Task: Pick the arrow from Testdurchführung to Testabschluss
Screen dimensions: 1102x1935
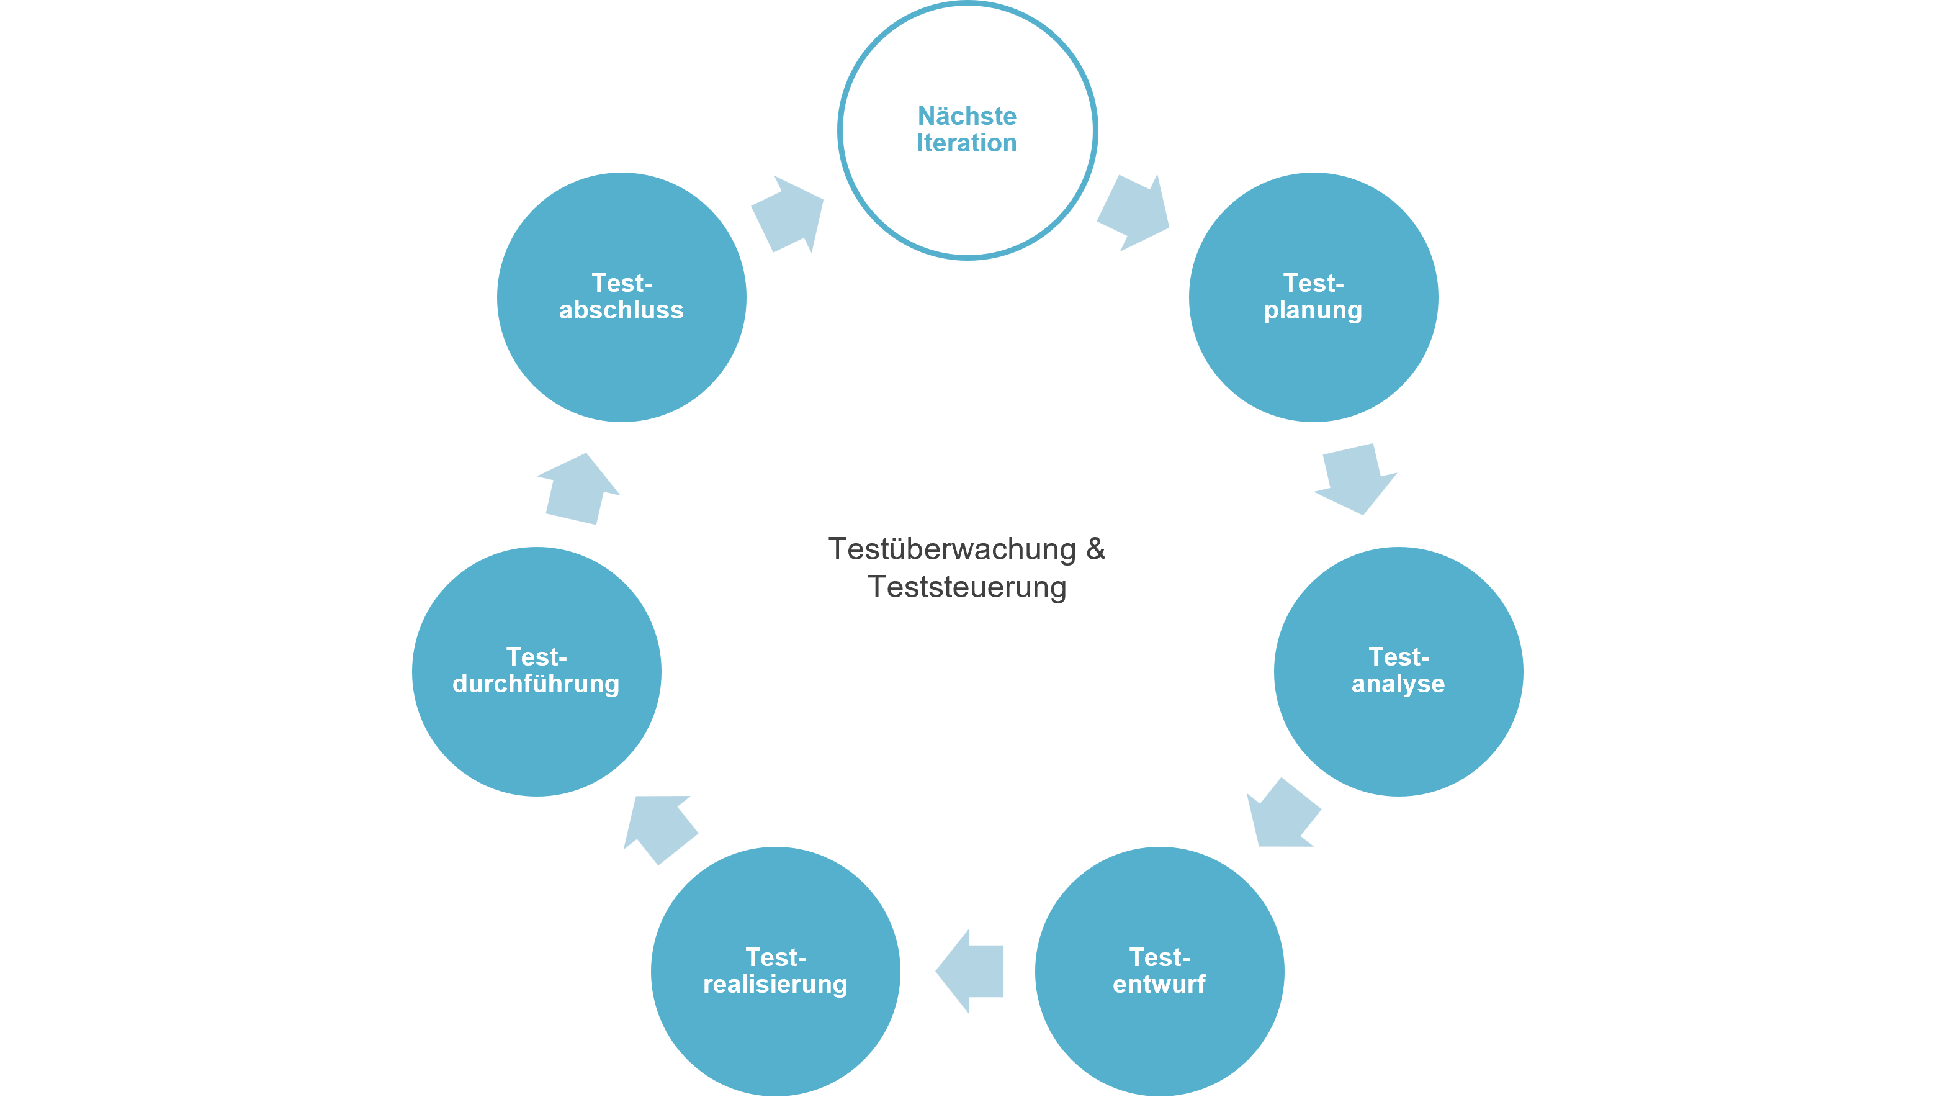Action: (578, 490)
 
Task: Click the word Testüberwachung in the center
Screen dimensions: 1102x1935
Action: (951, 549)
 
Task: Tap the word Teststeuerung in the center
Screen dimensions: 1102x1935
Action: (967, 587)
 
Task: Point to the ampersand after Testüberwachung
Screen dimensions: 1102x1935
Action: (1095, 549)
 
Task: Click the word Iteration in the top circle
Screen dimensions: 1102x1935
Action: (967, 143)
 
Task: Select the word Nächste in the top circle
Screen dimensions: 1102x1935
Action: (967, 116)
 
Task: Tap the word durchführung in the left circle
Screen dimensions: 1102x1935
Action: (536, 684)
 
